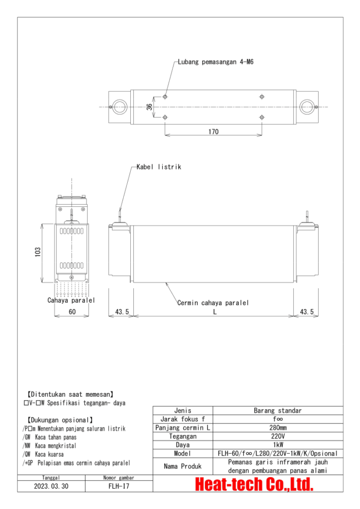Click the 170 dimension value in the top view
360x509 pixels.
213,132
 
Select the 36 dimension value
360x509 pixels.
150,107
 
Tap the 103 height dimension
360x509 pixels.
38,253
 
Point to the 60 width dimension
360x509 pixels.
72,312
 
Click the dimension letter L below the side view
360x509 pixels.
214,312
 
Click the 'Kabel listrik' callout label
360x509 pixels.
159,167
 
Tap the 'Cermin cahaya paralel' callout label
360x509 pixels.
213,303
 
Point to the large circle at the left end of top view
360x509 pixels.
119,106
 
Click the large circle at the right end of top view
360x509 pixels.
307,106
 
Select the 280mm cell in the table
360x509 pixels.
277,427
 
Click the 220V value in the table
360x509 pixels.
277,436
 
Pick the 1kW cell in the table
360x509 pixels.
277,445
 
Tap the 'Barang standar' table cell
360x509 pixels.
277,411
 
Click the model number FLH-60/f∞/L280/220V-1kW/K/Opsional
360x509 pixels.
277,453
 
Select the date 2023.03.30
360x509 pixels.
52,487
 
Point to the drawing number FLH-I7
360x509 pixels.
118,487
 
